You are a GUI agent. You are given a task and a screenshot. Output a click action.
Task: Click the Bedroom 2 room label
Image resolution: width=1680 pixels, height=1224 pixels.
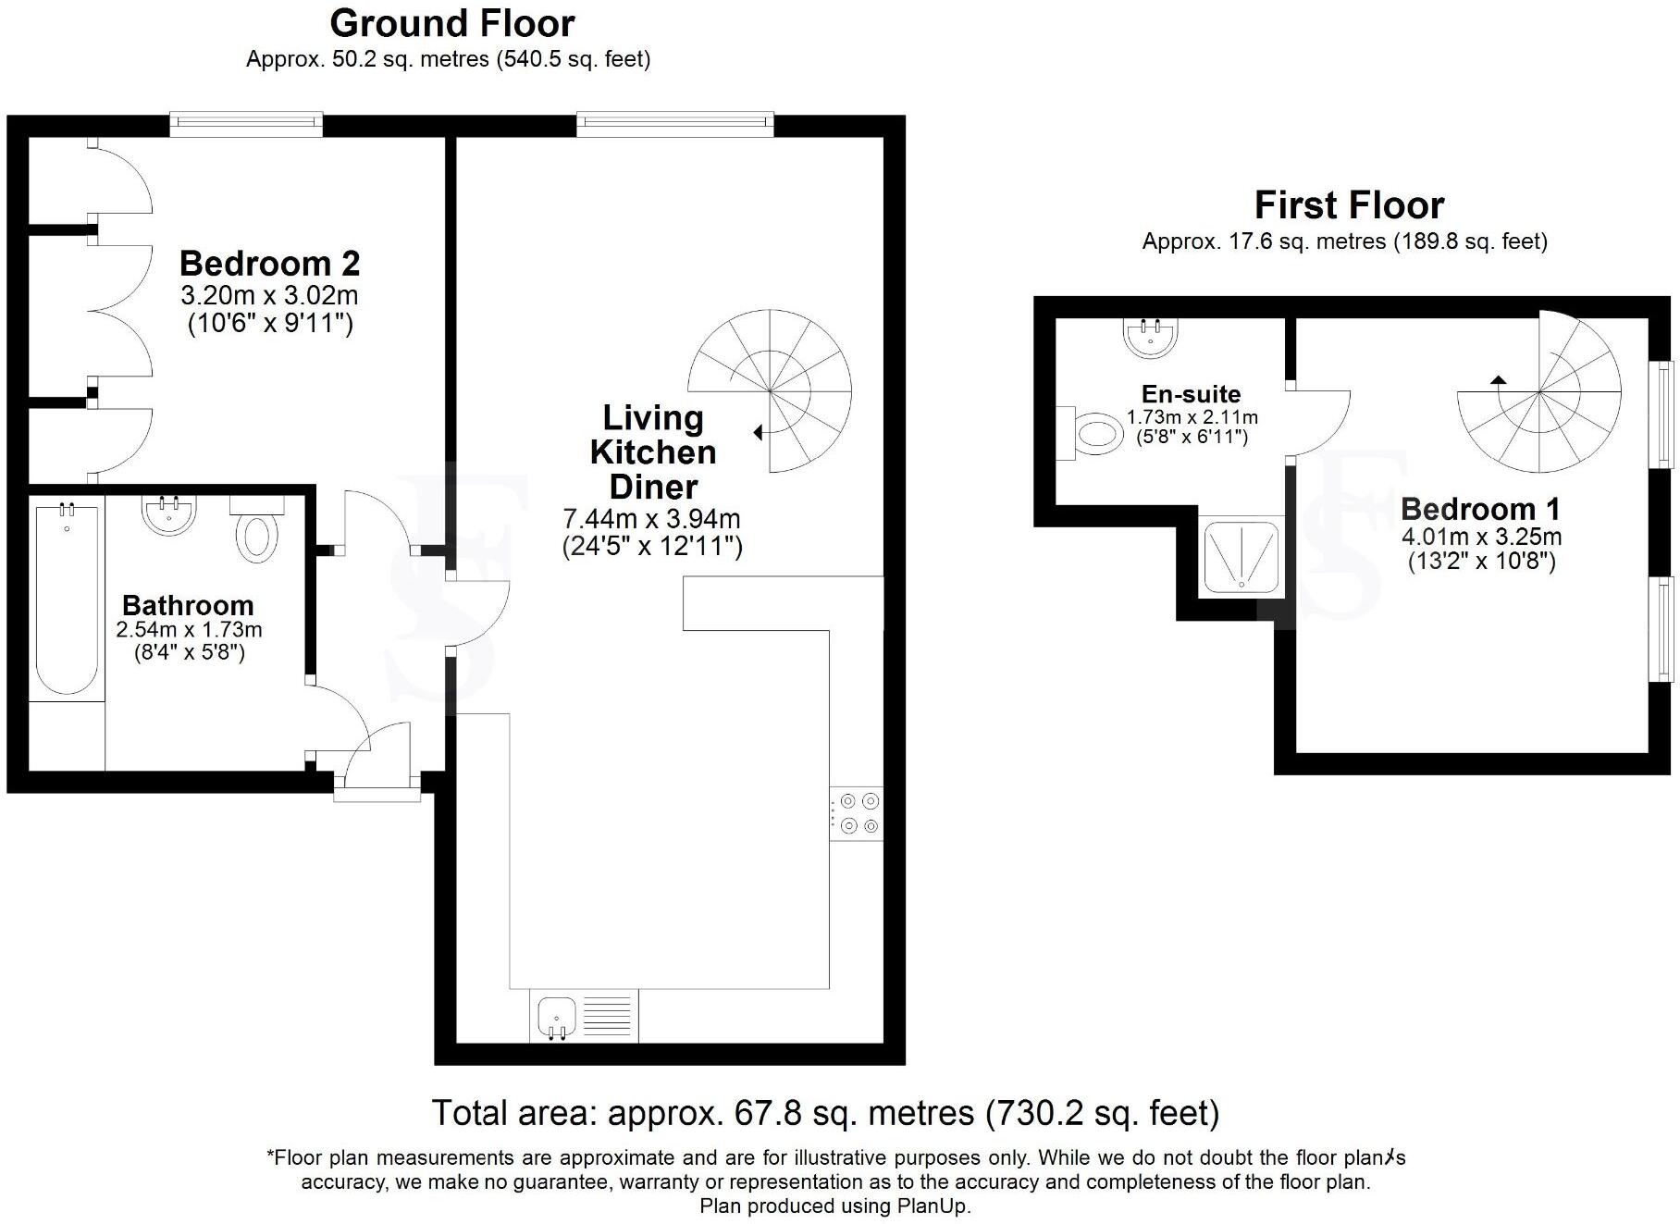click(x=269, y=264)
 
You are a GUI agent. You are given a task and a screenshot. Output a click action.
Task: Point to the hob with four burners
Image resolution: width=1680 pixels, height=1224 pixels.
click(x=857, y=813)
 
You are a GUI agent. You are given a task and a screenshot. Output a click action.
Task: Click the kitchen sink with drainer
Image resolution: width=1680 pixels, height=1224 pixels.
click(x=584, y=1017)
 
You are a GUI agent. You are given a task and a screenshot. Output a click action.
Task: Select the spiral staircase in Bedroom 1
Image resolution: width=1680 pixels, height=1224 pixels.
click(x=1539, y=392)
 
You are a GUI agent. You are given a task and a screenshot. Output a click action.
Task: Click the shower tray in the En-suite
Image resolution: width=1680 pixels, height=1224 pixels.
click(x=1241, y=556)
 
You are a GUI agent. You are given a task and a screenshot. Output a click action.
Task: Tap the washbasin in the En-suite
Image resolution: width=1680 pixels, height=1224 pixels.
click(x=1151, y=336)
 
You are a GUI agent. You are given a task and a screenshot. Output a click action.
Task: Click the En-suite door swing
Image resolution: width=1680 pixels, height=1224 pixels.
click(x=1321, y=422)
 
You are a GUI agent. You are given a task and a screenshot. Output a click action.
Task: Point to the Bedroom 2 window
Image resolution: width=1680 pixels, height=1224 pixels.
click(x=246, y=125)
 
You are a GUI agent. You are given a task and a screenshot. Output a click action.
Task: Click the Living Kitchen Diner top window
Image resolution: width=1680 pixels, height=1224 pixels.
click(x=674, y=124)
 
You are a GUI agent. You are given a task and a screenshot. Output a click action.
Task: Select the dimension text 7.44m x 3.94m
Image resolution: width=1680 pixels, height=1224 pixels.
click(x=651, y=520)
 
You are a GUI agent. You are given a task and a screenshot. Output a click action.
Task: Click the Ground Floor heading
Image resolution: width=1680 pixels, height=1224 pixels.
click(x=452, y=23)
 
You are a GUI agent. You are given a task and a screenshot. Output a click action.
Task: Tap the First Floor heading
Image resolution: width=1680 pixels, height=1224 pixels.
click(x=1349, y=205)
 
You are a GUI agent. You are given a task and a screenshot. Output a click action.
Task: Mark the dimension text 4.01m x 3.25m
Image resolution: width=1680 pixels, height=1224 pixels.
click(x=1481, y=537)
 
